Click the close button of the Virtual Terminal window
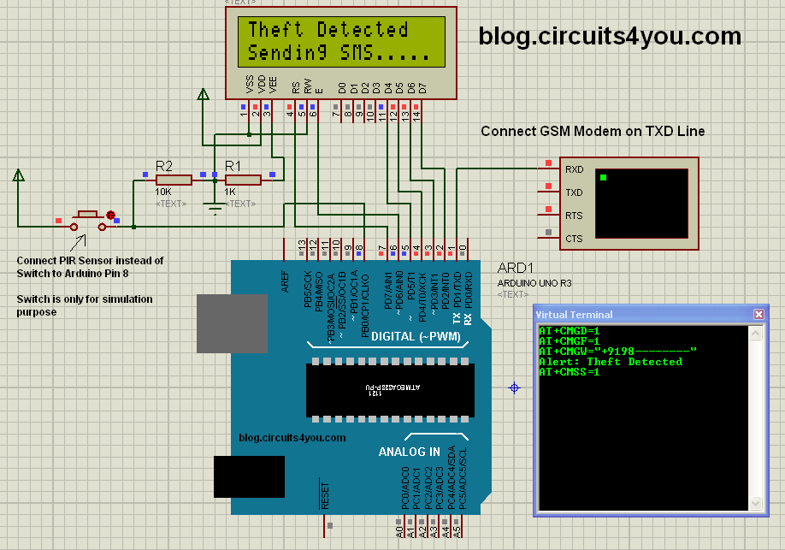[758, 314]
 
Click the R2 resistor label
[164, 165]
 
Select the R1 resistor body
[243, 180]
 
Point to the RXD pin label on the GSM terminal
[574, 169]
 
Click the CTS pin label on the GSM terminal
[574, 239]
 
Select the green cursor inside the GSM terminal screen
[603, 178]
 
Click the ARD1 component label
[515, 268]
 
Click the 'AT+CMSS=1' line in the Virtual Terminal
[570, 372]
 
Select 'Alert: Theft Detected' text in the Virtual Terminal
[610, 362]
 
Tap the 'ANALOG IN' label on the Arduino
[410, 452]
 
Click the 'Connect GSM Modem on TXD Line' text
[593, 131]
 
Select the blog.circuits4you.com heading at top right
[610, 36]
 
